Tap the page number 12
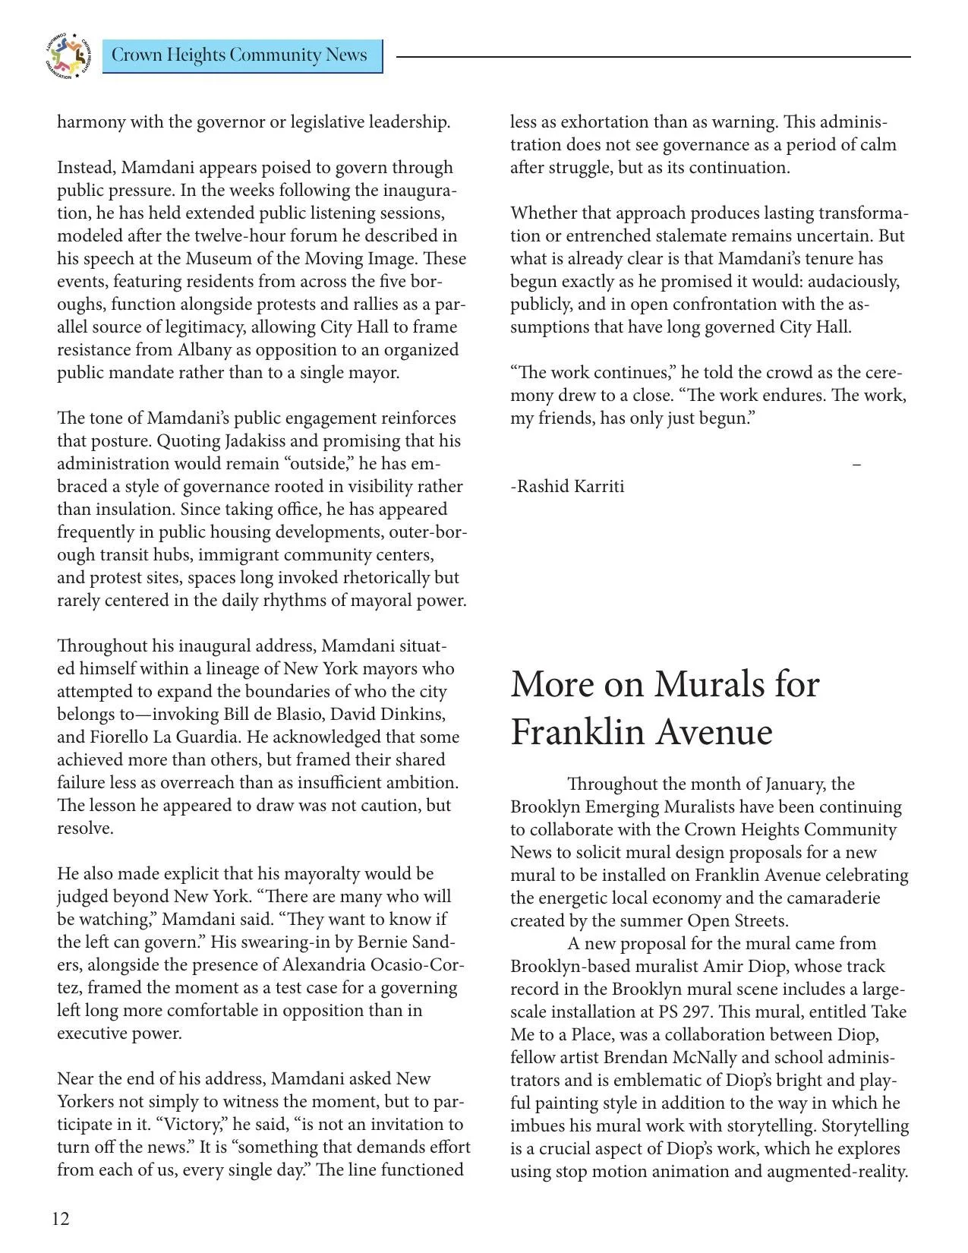tap(61, 1219)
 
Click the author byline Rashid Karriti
tap(567, 486)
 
